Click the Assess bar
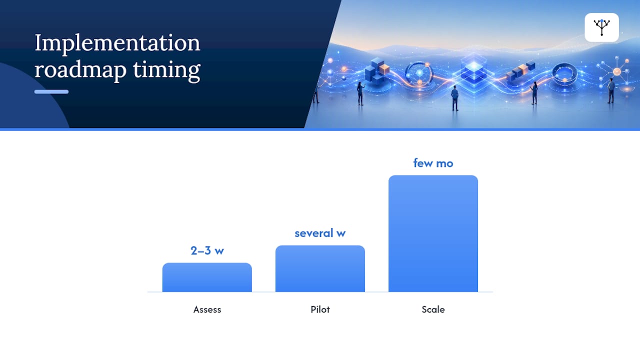(x=207, y=277)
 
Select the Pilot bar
(x=320, y=268)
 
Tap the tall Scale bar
(x=433, y=233)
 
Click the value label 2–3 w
(x=207, y=250)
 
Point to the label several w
(x=320, y=233)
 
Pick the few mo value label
(x=433, y=163)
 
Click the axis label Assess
(x=207, y=309)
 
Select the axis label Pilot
(x=320, y=309)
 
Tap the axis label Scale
(x=433, y=309)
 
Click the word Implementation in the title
(x=117, y=43)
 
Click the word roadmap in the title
(x=80, y=69)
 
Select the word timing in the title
(x=167, y=69)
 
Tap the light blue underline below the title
(x=51, y=91)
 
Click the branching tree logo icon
(x=601, y=27)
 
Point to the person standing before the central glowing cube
(x=455, y=98)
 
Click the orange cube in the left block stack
(x=384, y=69)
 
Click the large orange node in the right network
(x=617, y=71)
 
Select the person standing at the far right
(x=611, y=90)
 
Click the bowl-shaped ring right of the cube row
(x=564, y=73)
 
